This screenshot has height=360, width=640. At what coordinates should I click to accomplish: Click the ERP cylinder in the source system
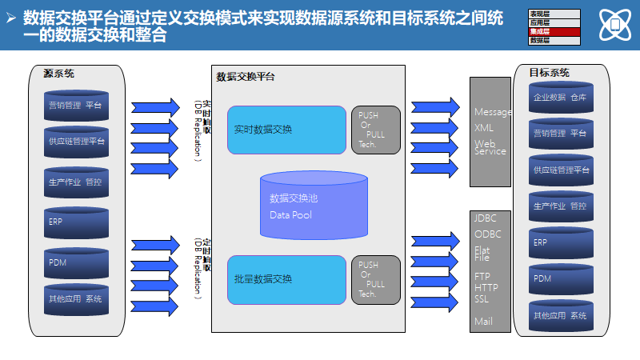[x=76, y=223]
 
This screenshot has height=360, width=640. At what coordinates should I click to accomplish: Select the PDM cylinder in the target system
[x=560, y=279]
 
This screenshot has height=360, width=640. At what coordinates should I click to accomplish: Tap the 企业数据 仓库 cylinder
[x=560, y=98]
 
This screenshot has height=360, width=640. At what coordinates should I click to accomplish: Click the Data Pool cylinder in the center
[x=314, y=206]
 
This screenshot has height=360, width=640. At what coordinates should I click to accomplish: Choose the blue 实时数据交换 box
[x=286, y=130]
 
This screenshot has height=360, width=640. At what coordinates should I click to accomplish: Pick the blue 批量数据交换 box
[x=286, y=280]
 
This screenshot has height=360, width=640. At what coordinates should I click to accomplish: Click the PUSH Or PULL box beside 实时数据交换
[x=375, y=130]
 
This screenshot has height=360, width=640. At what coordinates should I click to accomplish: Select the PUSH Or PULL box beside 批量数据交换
[x=375, y=280]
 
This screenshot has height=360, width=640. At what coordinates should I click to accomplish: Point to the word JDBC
[x=486, y=218]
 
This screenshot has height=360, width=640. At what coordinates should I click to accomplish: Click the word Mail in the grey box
[x=483, y=322]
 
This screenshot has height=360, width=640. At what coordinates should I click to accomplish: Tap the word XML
[x=484, y=127]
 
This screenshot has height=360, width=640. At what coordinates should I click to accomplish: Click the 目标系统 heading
[x=549, y=73]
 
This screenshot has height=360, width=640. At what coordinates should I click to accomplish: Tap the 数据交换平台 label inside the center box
[x=246, y=77]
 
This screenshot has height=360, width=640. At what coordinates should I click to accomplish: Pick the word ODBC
[x=487, y=234]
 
